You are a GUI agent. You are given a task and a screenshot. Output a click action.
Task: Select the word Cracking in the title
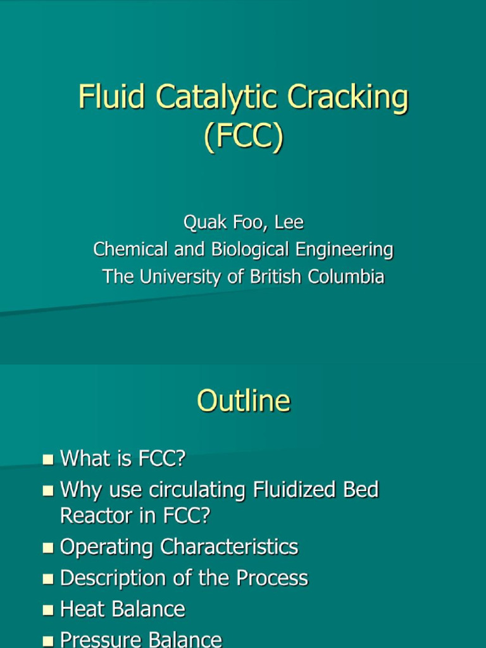tap(348, 99)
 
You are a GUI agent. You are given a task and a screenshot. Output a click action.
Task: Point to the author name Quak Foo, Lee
tap(243, 223)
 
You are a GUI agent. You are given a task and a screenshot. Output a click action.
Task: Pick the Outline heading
tap(243, 401)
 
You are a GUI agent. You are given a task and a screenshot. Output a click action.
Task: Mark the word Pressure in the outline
tap(101, 640)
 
